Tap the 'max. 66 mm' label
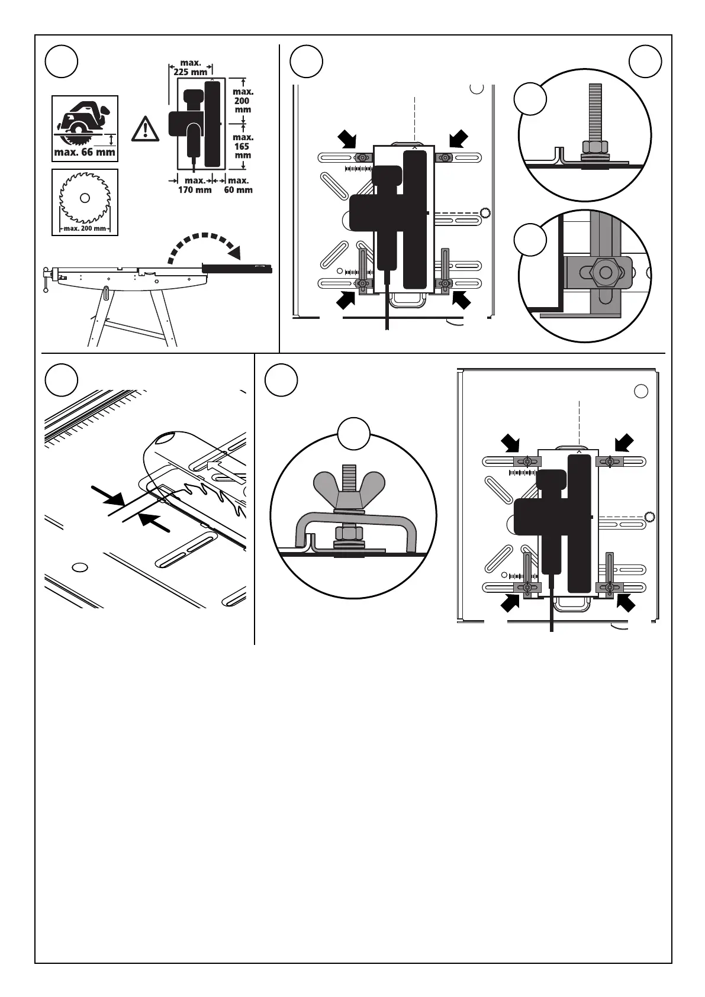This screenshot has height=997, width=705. point(85,153)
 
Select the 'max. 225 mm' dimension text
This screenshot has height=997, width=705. point(191,67)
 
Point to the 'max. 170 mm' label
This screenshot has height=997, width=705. point(195,185)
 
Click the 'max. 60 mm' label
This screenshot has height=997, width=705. point(238,185)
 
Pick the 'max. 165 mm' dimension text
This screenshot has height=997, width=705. point(242,146)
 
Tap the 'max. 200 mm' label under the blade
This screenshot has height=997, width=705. point(85,228)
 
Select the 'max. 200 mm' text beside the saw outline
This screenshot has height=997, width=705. point(243,101)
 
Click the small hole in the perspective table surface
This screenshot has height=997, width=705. point(78,567)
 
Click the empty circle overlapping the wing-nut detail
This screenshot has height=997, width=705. point(354,434)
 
